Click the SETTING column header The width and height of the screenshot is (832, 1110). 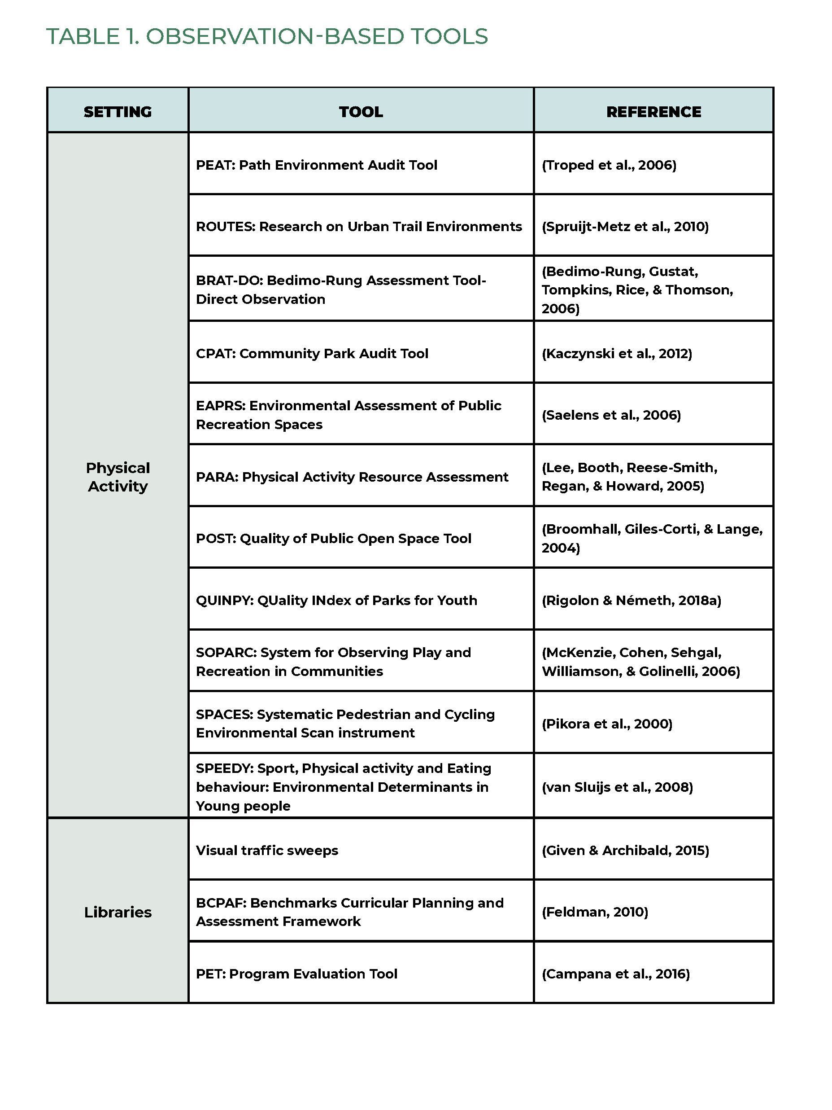click(118, 111)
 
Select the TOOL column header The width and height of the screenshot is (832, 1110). click(361, 111)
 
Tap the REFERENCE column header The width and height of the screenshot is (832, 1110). click(653, 111)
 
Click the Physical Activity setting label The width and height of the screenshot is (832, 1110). click(118, 477)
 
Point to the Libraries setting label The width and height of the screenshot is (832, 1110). click(118, 912)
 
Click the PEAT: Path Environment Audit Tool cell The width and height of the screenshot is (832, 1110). click(317, 165)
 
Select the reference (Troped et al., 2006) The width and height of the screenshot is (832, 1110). click(609, 165)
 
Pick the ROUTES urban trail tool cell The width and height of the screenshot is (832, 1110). click(358, 226)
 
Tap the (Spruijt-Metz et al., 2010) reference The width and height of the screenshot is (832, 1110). click(625, 226)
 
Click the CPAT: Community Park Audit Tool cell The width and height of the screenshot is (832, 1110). click(312, 353)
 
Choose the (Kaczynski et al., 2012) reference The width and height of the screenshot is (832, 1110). click(616, 353)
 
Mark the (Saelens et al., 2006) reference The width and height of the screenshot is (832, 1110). click(611, 415)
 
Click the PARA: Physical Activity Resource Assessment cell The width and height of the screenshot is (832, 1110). click(352, 477)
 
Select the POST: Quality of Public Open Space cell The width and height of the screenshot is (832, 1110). click(334, 539)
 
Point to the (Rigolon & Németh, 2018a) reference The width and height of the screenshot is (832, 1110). click(631, 600)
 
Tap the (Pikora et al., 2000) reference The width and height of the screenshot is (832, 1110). click(607, 724)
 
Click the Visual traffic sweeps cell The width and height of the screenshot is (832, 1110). click(267, 850)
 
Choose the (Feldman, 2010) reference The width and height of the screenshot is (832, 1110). click(595, 912)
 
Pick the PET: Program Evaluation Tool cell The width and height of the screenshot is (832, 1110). click(296, 974)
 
